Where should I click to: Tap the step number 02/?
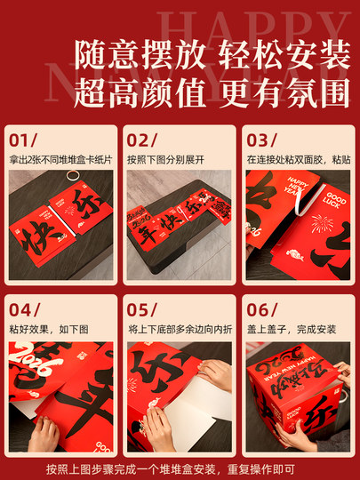tap(142, 140)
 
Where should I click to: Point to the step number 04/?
tap(25, 309)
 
